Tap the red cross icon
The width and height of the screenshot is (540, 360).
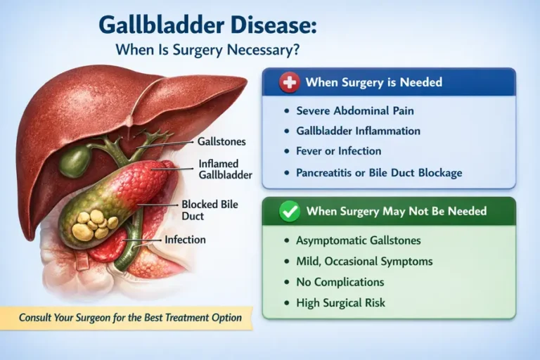click(289, 83)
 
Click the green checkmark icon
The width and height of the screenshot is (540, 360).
click(289, 212)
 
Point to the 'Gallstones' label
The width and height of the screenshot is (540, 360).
click(222, 141)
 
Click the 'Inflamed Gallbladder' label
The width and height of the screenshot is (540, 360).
click(224, 169)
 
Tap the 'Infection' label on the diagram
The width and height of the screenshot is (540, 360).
click(185, 240)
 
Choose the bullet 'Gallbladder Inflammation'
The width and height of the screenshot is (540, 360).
click(358, 131)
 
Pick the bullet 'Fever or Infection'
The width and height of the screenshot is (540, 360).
click(338, 150)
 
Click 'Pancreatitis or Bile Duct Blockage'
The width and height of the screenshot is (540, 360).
click(380, 172)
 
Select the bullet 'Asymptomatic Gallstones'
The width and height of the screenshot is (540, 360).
click(358, 240)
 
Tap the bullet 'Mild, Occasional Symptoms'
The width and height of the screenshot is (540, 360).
click(364, 262)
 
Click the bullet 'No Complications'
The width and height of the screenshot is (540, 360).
click(340, 282)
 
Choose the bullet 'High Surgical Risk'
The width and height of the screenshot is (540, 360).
click(340, 302)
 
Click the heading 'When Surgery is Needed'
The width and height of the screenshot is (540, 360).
click(373, 83)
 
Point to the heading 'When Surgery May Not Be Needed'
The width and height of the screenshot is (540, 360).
click(396, 212)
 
